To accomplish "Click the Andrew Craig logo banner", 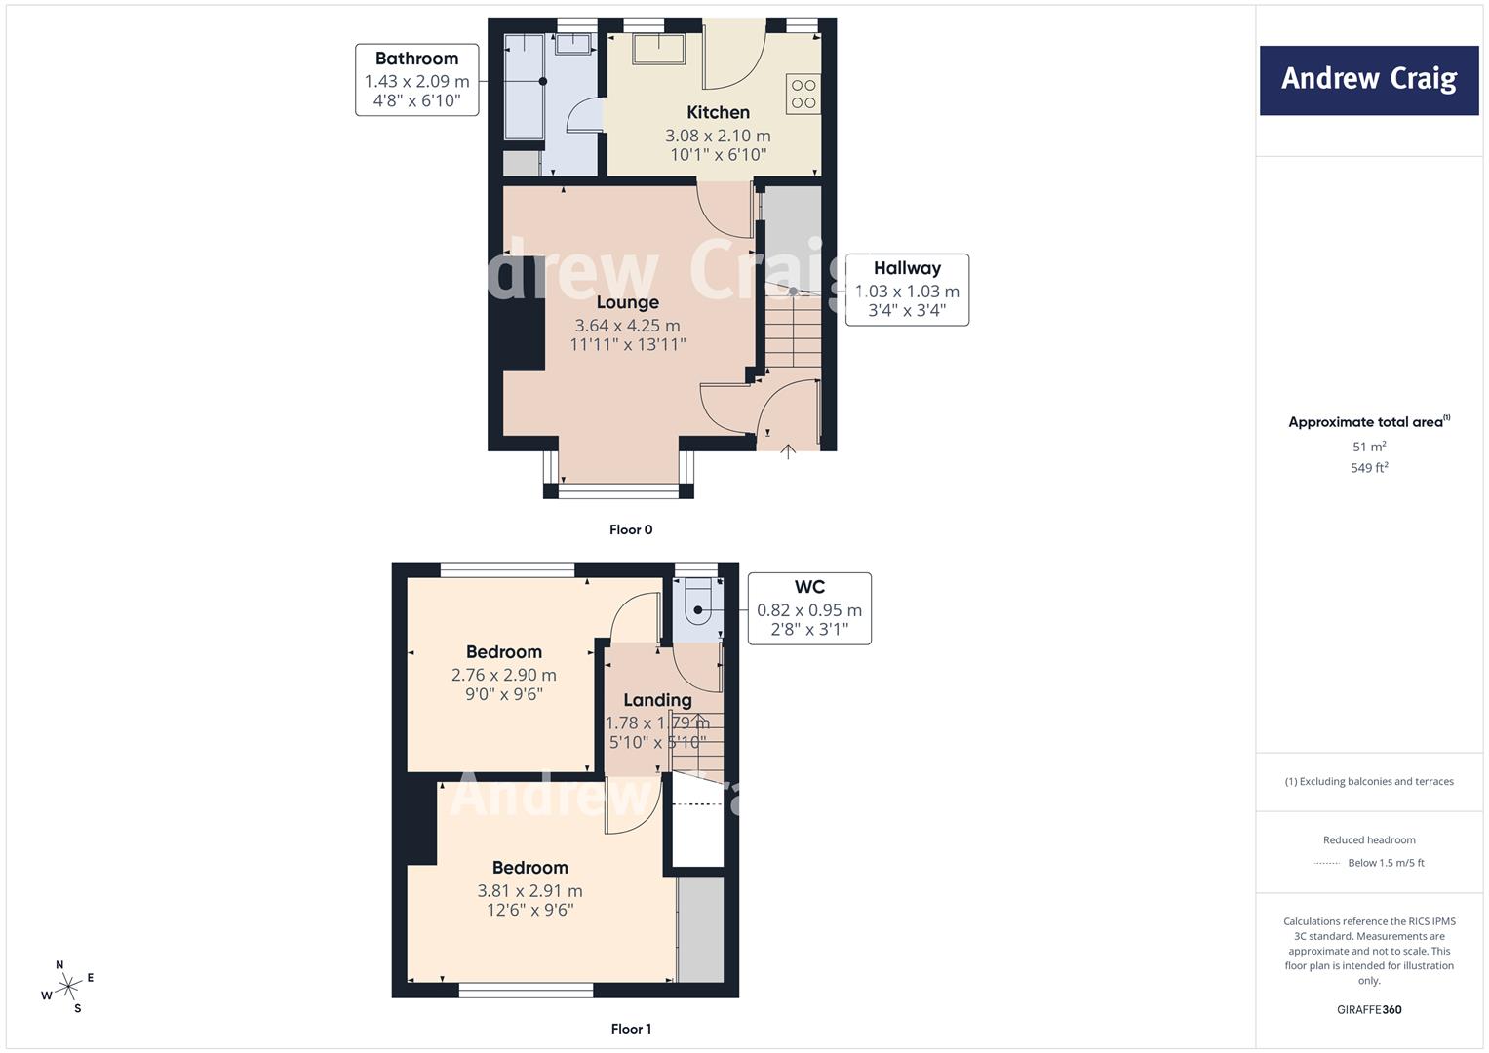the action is click(x=1369, y=80).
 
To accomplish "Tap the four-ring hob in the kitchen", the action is click(x=803, y=94).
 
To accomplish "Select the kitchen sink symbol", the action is click(x=658, y=49).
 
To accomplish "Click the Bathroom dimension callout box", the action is click(x=416, y=80).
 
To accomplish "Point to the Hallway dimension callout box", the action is click(x=907, y=290).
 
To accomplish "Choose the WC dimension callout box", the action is click(x=809, y=608).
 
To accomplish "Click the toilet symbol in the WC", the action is click(x=696, y=601).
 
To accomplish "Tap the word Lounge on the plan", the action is click(x=628, y=302).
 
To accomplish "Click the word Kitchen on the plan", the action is click(x=718, y=112).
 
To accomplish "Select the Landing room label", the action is click(x=657, y=700).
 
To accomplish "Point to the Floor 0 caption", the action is click(x=631, y=529).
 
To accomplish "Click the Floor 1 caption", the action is click(x=631, y=1029).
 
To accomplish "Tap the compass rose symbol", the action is click(x=67, y=987).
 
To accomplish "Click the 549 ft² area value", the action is click(x=1369, y=467).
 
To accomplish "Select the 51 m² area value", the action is click(x=1369, y=447).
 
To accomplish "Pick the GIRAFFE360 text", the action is click(x=1369, y=1009).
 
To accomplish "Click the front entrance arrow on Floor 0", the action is click(x=788, y=451).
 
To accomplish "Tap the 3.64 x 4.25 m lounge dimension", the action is click(x=628, y=326).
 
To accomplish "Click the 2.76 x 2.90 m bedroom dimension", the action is click(x=504, y=675).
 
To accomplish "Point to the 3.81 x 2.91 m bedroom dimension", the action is click(x=529, y=891).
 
